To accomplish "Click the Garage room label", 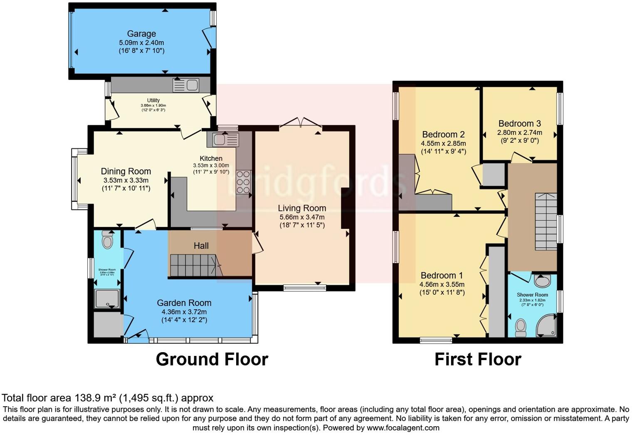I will pos(141,34).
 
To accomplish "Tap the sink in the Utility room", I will pos(186,85).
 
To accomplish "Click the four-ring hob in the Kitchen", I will pos(243,182).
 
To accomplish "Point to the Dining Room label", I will pos(126,172).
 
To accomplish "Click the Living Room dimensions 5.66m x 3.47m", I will pos(302,217).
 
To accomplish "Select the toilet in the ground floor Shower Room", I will pos(107,240).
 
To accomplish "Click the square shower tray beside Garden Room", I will pos(107,299).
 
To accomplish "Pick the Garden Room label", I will pos(184,303).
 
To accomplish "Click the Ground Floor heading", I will pos(212,359).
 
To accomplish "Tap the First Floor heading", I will pos(478,359).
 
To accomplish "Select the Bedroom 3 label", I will pos(519,124).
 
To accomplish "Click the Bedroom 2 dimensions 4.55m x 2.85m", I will pos(443,143).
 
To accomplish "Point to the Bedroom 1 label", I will pos(442,276).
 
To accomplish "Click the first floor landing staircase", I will pos(546,221).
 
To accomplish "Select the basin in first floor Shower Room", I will pos(542,281).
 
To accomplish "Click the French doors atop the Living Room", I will pos(300,122).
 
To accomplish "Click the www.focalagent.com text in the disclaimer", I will pos(403,428).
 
